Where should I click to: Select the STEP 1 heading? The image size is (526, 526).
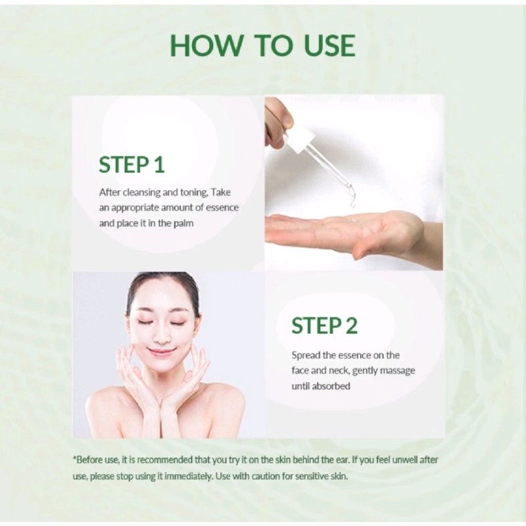(131, 164)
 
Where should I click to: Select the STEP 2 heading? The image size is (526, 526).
(324, 325)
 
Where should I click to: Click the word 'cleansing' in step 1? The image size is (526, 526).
(141, 193)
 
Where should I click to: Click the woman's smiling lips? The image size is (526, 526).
(162, 352)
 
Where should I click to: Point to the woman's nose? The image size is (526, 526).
(162, 333)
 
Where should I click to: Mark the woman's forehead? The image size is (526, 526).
(162, 299)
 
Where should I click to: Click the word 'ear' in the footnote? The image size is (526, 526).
(343, 460)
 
